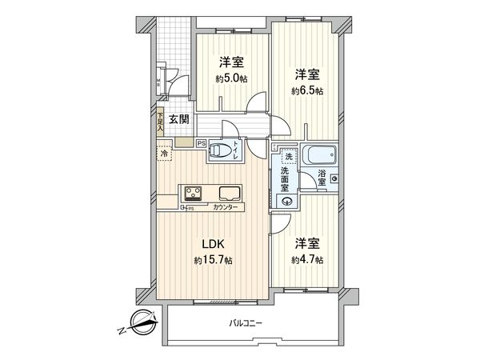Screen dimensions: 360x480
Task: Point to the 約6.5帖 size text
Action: tap(308, 92)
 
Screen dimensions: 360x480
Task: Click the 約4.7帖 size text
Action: tap(308, 260)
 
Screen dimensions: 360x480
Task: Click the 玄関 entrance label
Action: tap(178, 121)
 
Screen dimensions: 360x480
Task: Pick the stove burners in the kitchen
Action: tap(194, 193)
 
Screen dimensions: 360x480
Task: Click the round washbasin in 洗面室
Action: tap(285, 202)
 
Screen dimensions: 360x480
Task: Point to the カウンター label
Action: tap(226, 207)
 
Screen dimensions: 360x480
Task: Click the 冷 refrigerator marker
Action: tap(165, 153)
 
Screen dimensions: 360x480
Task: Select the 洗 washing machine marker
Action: tap(286, 158)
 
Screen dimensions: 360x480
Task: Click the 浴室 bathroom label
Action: tap(322, 178)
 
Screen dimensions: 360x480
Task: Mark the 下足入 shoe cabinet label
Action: tap(160, 121)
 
